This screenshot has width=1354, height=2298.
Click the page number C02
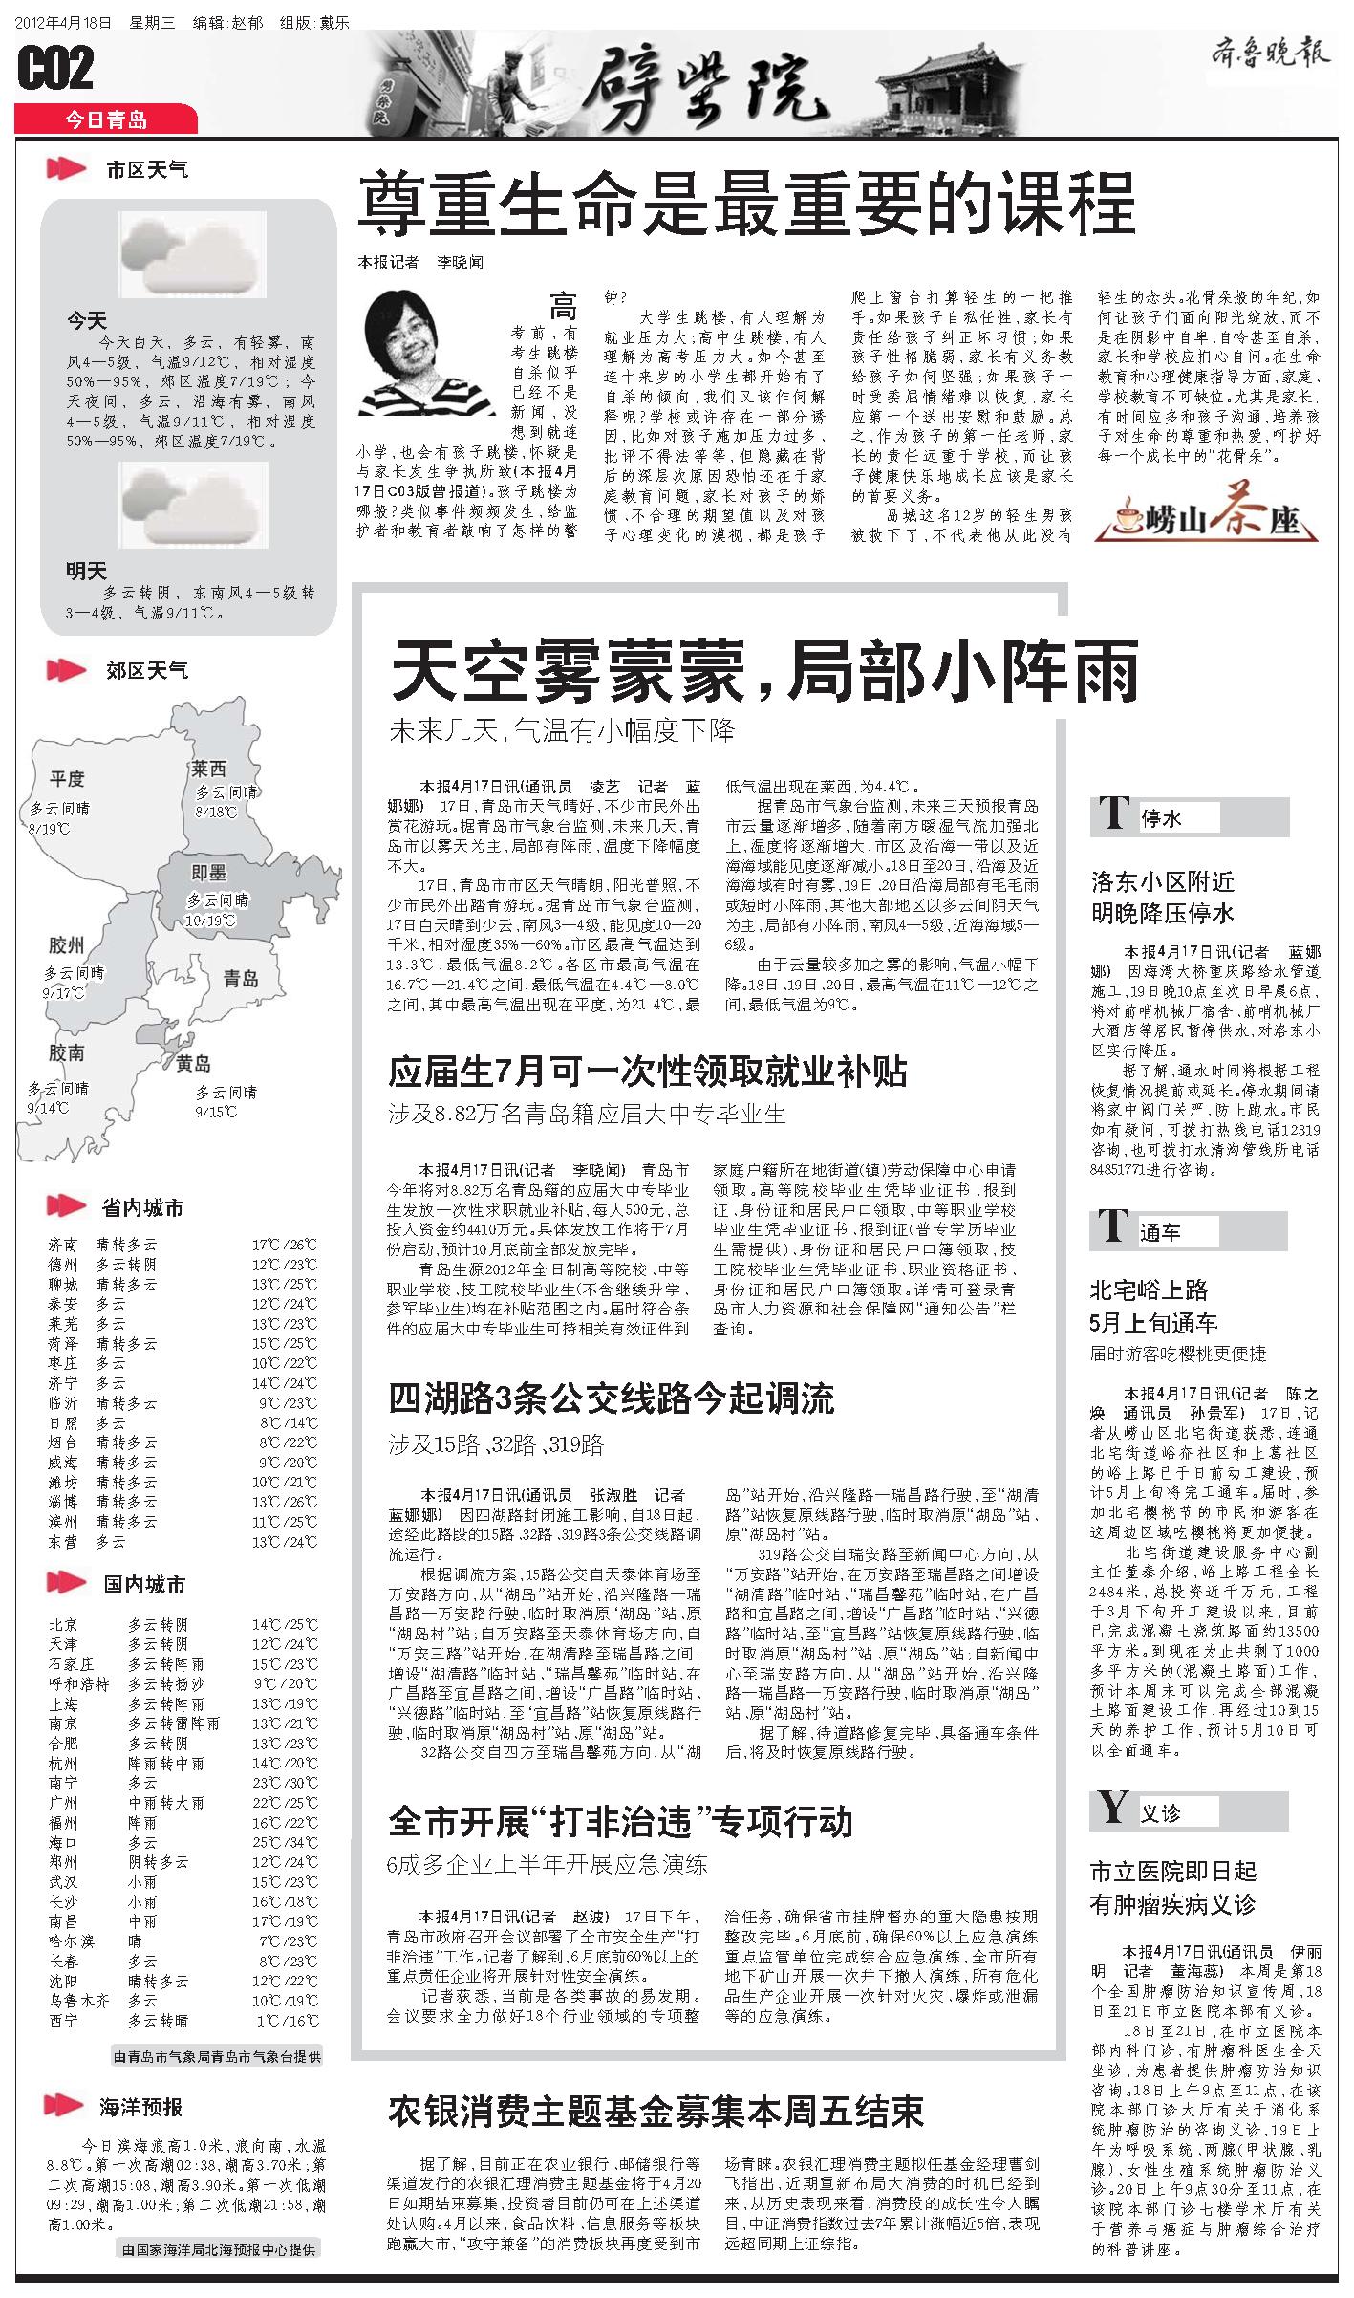pos(55,70)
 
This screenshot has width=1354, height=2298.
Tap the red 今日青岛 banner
pos(106,119)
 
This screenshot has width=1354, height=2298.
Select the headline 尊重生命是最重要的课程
pos(745,202)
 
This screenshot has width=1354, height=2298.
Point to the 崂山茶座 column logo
pos(1219,519)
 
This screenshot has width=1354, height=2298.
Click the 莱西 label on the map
pos(208,769)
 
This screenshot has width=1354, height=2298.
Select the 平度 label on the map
pos(68,778)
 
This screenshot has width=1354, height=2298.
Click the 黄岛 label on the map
pos(193,1064)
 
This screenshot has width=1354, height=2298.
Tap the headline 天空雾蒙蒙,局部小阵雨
pos(764,671)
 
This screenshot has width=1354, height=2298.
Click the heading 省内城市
pos(142,1207)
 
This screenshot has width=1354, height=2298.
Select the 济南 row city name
pos(63,1245)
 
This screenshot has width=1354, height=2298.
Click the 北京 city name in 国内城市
pos(63,1624)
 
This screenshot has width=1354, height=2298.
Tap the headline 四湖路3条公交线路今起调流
pos(611,1398)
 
